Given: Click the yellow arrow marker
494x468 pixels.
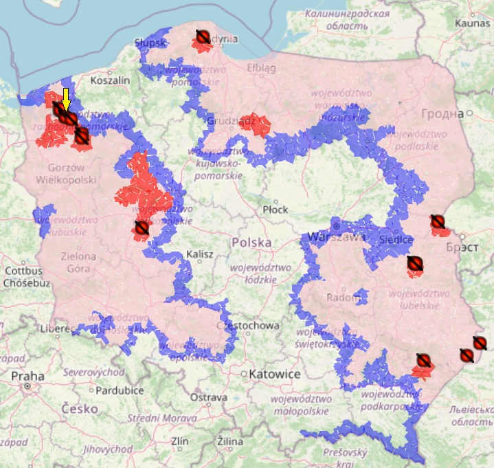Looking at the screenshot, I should click(66, 98).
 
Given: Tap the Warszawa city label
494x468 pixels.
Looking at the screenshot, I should click(336, 237).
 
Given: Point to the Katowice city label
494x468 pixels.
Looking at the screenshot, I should click(275, 375).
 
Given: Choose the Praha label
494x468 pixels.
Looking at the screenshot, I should click(27, 376).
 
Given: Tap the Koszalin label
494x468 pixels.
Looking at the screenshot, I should click(110, 80).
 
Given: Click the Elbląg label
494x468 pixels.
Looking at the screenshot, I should click(261, 68).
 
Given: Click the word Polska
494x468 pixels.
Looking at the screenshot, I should click(251, 243).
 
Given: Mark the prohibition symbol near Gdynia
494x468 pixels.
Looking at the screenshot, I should click(202, 36).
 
